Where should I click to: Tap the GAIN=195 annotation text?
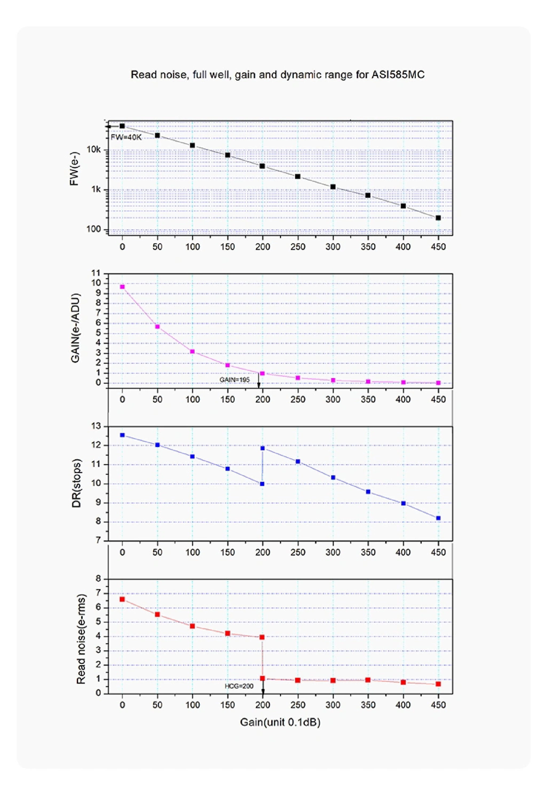pos(234,379)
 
